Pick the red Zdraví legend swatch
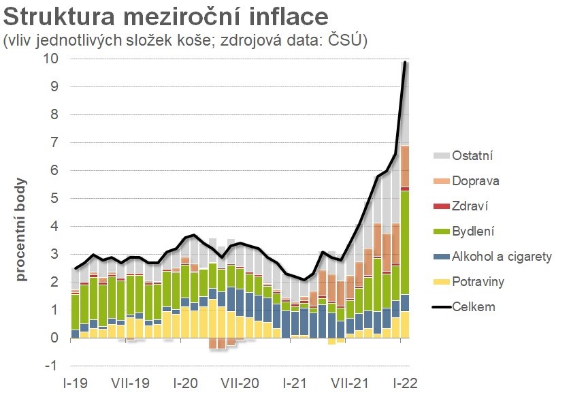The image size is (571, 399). tap(442, 206)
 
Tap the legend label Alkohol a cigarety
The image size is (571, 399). tap(501, 257)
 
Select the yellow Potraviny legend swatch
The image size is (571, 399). tap(442, 282)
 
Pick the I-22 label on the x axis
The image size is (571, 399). tap(404, 383)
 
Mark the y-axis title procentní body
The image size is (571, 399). tap(21, 230)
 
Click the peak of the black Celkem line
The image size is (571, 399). tap(405, 63)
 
